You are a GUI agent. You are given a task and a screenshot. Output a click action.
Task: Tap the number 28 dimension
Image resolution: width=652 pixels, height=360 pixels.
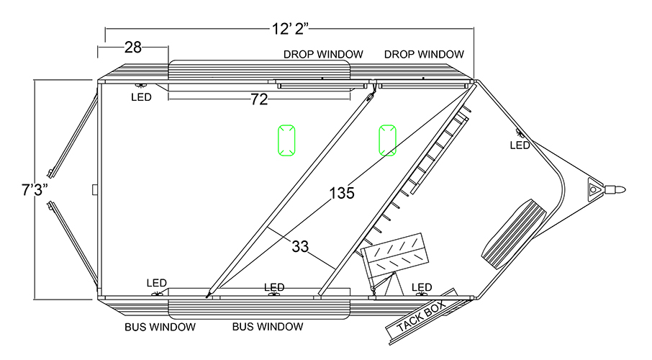[x=132, y=48]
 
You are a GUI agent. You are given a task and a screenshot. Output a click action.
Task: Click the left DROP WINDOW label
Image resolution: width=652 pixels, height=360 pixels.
[x=322, y=54]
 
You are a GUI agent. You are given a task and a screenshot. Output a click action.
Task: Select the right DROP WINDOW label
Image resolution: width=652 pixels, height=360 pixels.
[x=424, y=54]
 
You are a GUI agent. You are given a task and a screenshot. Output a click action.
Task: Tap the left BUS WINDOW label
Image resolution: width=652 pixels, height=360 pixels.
[x=160, y=327]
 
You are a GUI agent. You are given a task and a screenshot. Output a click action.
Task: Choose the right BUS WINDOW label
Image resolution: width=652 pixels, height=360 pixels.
[x=267, y=327]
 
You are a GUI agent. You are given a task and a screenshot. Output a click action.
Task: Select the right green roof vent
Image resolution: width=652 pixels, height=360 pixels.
[x=388, y=140]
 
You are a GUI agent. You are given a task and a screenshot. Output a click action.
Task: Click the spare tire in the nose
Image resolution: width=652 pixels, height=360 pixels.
[x=515, y=233]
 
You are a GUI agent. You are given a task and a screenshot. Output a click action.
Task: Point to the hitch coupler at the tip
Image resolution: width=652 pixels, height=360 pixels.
[x=616, y=190]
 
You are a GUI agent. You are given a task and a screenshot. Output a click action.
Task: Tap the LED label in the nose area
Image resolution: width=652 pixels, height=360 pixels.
[x=520, y=145]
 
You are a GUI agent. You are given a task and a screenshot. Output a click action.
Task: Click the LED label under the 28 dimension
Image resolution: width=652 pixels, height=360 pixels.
[x=141, y=97]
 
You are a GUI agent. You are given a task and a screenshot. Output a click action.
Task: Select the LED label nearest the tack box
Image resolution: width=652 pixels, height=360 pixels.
[x=422, y=288]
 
